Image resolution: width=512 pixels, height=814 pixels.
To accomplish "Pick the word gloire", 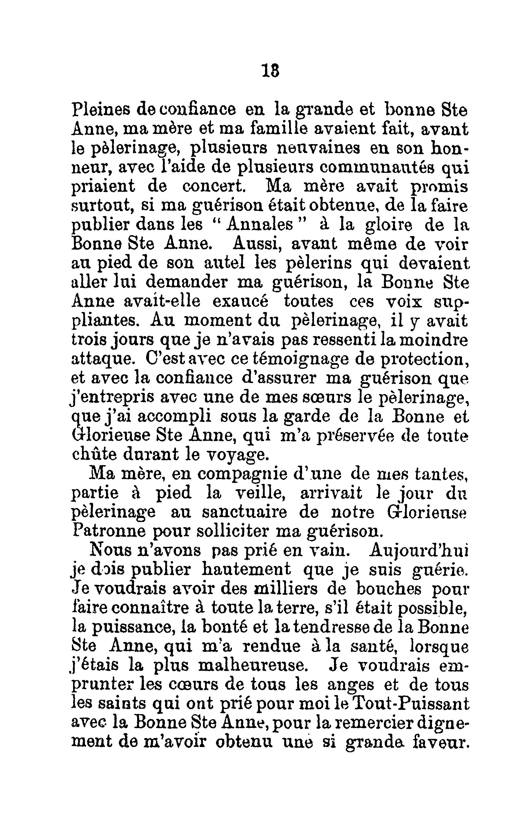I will pyautogui.click(x=389, y=225).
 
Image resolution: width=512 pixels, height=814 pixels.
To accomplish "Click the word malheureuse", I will pyautogui.click(x=253, y=666).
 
